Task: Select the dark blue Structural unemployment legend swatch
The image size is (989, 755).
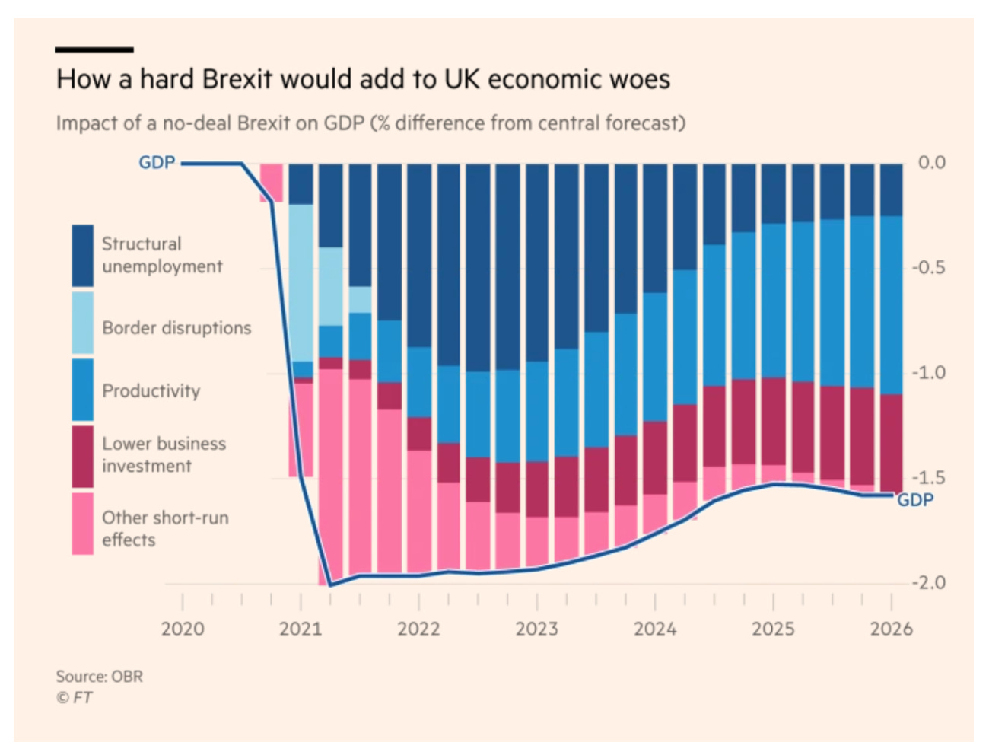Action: [83, 255]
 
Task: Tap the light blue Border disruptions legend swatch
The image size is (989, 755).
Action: [83, 323]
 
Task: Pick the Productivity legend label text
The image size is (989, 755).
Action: [151, 390]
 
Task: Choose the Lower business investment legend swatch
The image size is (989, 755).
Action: [83, 456]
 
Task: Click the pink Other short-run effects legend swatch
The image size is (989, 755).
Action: [83, 524]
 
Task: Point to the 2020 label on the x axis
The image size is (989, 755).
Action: [183, 629]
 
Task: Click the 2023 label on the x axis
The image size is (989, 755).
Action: [536, 629]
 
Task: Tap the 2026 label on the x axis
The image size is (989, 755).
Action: [891, 629]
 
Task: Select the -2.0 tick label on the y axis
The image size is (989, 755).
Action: [929, 583]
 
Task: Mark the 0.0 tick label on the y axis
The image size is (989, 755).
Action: [931, 162]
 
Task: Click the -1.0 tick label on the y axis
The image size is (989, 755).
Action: [929, 373]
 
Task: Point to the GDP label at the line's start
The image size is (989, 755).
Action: [157, 162]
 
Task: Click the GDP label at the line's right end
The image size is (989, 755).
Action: [914, 500]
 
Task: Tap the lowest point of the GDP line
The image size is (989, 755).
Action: [329, 585]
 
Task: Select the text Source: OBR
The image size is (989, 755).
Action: [99, 676]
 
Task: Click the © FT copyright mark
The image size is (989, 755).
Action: [74, 697]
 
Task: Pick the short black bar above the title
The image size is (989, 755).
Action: [94, 49]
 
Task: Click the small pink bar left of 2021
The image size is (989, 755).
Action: [272, 183]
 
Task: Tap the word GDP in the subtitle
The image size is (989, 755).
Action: [344, 123]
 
